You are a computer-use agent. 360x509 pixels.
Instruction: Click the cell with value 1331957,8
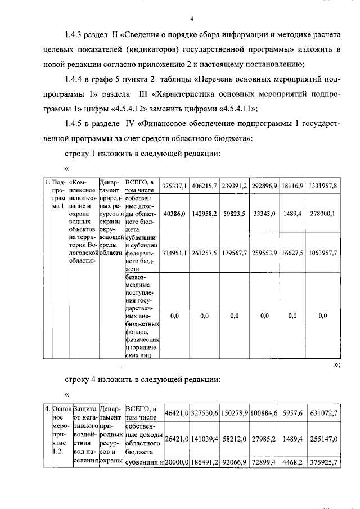(323, 186)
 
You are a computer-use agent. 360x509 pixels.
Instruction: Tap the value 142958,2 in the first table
(204, 214)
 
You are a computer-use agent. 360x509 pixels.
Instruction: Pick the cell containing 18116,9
(292, 186)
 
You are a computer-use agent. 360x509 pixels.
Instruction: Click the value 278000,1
(323, 214)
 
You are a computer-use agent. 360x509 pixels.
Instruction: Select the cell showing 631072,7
(323, 413)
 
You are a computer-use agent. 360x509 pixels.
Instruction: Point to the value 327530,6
(204, 413)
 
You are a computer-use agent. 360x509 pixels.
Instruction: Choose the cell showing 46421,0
(175, 413)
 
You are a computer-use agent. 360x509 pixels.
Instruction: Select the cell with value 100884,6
(264, 413)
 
